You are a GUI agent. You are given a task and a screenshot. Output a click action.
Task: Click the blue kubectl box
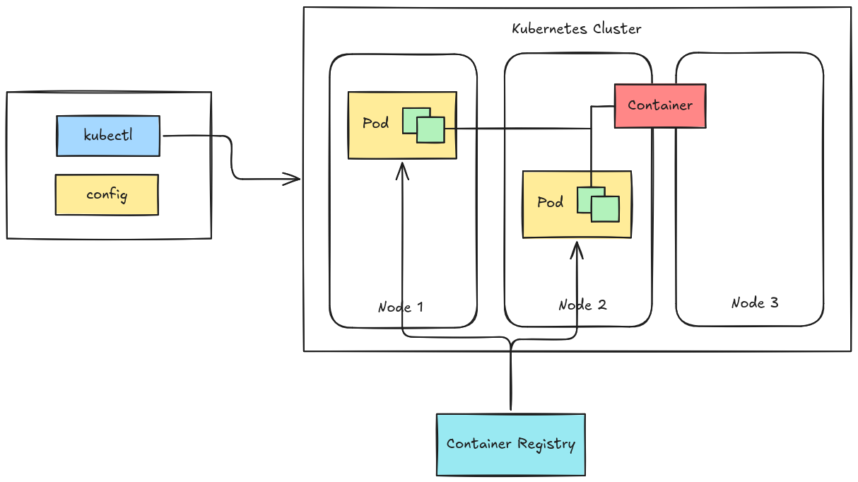108,136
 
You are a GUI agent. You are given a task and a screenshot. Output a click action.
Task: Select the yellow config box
107,194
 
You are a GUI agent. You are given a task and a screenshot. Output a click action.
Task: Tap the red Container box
659,105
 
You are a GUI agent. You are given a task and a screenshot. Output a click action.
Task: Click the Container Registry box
510,444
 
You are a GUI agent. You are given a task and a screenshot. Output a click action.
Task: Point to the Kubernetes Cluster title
576,29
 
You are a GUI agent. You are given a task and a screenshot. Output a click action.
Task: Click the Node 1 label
400,307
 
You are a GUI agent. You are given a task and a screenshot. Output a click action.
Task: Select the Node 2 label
582,305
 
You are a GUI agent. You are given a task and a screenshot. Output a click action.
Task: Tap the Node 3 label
754,302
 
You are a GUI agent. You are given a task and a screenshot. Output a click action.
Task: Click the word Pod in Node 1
375,123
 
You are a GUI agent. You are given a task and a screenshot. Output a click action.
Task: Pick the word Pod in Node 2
550,202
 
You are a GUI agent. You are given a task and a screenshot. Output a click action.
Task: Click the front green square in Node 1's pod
430,130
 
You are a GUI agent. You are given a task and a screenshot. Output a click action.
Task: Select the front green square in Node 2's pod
605,209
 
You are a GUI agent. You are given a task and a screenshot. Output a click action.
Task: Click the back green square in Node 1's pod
409,114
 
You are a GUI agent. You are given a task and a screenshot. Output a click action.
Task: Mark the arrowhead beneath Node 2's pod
577,249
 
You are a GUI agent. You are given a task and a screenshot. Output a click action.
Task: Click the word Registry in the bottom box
546,444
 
